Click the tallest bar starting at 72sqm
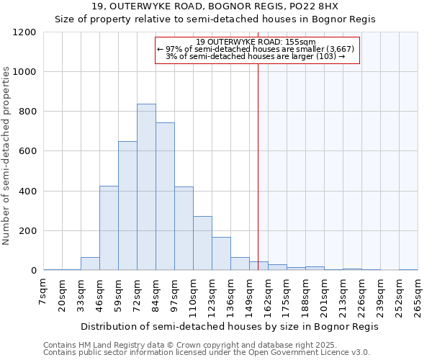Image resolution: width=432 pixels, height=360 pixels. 146,187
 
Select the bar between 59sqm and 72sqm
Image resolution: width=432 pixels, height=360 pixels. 127,206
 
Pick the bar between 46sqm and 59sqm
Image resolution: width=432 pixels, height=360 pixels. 109,228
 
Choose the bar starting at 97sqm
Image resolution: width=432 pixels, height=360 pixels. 184,229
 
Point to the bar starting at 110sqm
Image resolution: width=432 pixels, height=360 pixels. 202,243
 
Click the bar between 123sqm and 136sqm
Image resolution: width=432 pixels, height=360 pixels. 221,254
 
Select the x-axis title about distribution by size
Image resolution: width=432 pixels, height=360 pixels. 230,326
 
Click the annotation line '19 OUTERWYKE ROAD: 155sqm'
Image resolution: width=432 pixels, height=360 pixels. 256,42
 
